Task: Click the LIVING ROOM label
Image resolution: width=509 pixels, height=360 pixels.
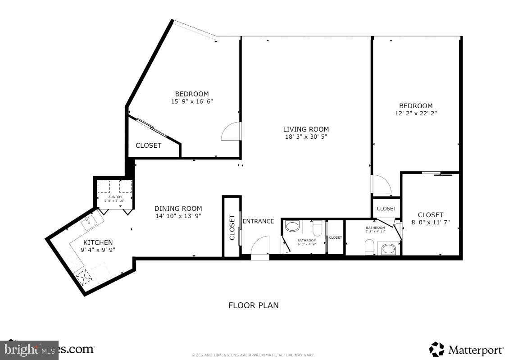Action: point(306,129)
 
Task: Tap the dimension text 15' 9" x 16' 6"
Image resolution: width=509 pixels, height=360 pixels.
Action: point(191,101)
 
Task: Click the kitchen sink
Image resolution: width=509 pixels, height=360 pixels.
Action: point(89,222)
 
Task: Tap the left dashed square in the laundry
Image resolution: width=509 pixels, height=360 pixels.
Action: point(104,187)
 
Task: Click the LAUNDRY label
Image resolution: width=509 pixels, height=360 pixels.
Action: point(114,197)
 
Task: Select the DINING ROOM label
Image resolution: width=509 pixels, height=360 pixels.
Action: point(178,208)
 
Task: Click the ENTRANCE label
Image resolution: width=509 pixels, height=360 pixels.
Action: point(258,221)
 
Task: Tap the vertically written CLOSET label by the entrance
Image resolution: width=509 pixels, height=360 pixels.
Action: point(232,228)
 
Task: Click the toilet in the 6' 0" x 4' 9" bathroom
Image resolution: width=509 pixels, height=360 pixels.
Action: point(317,229)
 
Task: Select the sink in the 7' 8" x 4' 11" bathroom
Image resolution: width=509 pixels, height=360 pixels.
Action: point(388,248)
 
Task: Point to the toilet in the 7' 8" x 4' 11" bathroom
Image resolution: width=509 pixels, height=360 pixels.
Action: point(368,247)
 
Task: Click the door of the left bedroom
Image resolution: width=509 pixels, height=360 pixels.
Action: point(231,132)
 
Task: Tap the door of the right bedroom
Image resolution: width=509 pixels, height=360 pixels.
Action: point(381,184)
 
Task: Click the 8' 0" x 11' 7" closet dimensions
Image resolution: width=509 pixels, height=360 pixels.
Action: point(431,222)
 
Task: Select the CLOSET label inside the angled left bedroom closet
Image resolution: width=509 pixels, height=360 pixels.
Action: point(148,146)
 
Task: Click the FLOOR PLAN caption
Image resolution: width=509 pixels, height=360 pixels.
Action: point(253,305)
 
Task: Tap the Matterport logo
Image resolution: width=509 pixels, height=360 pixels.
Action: point(466,349)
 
